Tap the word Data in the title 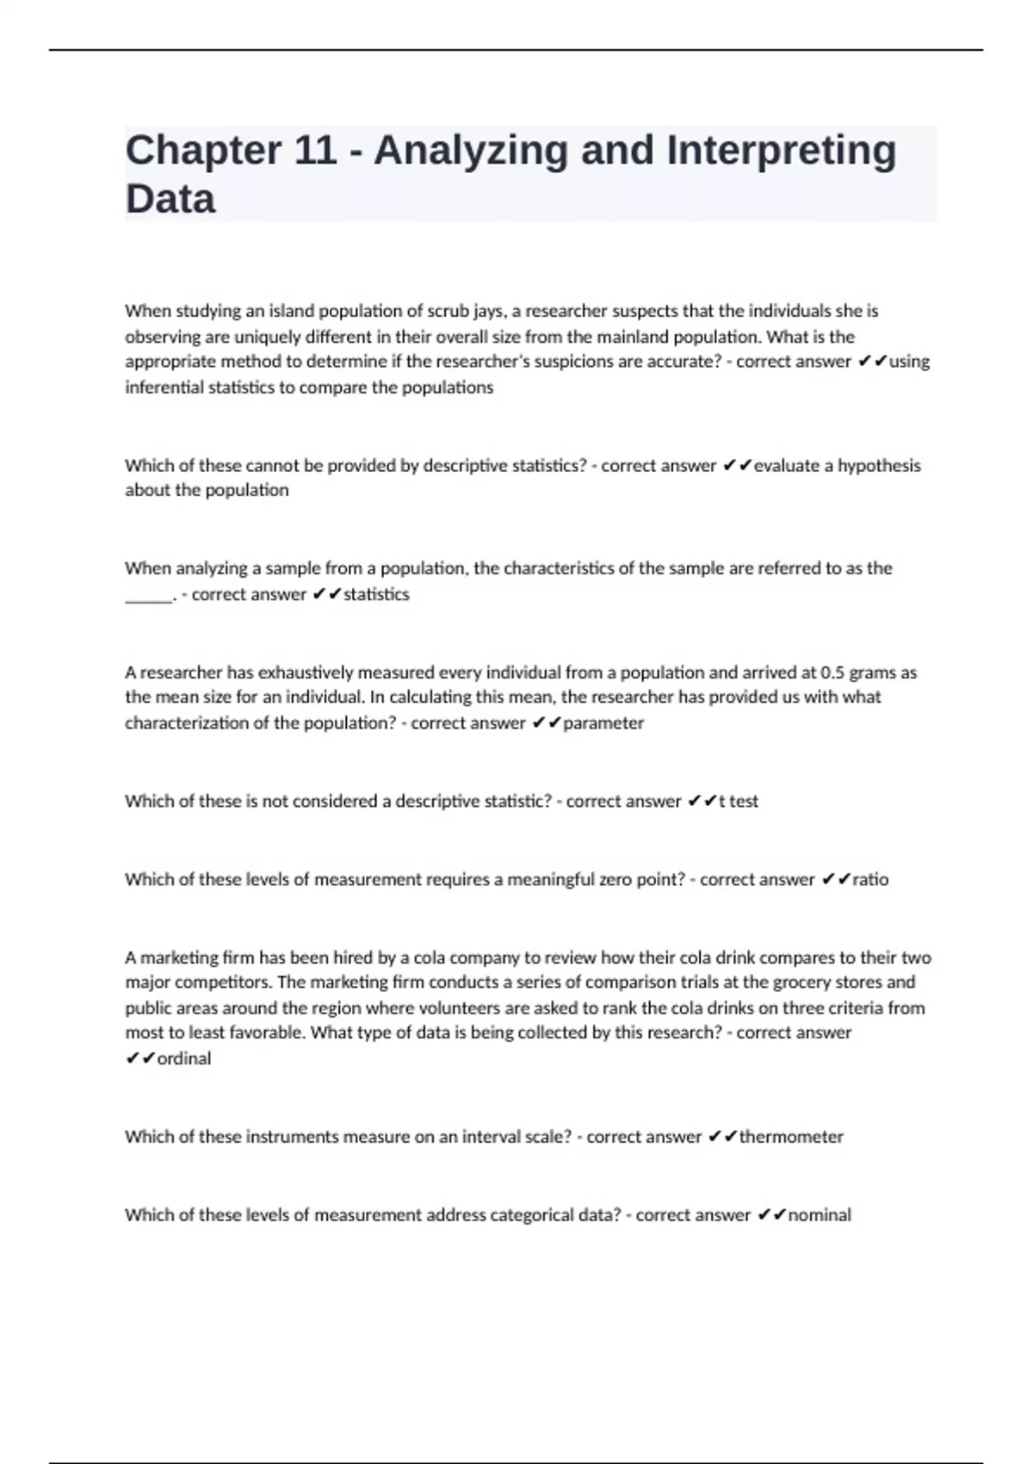[170, 199]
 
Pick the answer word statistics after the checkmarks [376, 594]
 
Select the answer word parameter [603, 723]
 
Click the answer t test [738, 802]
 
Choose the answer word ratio [870, 880]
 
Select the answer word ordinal [184, 1059]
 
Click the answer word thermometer [791, 1137]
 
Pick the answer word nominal [820, 1215]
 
